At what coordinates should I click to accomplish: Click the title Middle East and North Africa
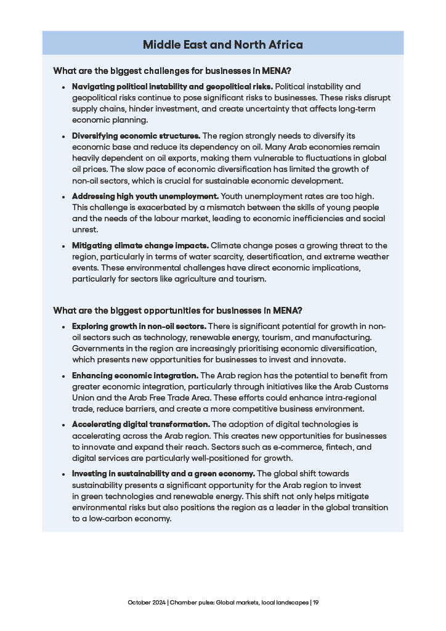222,44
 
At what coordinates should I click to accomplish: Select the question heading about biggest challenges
172,70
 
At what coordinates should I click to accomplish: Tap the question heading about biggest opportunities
177,310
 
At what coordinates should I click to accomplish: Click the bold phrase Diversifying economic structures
136,136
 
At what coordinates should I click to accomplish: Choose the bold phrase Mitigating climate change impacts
140,245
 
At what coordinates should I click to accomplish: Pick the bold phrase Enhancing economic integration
135,375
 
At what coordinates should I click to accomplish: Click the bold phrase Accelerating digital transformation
141,425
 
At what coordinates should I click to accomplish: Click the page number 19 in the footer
315,602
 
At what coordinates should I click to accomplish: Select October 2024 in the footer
147,602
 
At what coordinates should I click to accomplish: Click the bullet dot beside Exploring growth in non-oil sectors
63,327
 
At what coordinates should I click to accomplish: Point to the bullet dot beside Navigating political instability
63,87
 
